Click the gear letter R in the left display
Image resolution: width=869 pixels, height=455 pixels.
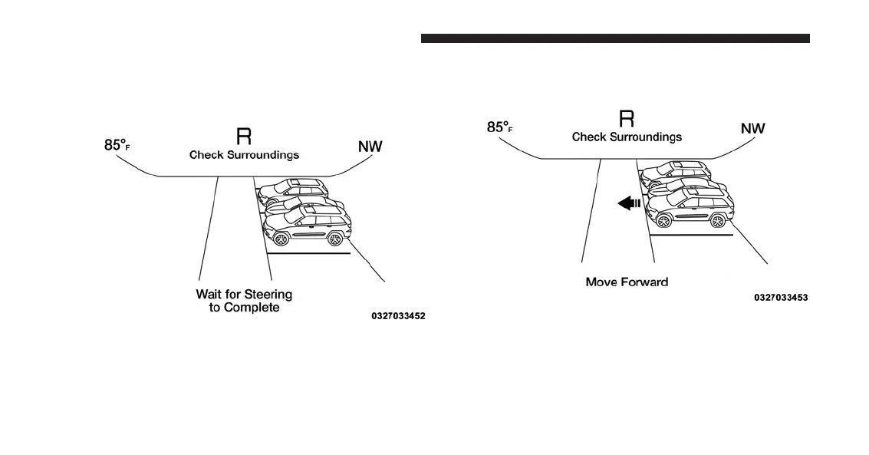click(x=244, y=137)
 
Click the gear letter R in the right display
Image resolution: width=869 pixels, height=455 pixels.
click(x=627, y=118)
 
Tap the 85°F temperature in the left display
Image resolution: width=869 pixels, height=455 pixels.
click(x=117, y=145)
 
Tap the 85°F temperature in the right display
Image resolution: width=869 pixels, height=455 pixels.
click(x=499, y=127)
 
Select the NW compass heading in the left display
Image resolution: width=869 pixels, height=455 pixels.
click(x=370, y=146)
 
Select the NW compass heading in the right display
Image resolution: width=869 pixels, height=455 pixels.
click(x=752, y=128)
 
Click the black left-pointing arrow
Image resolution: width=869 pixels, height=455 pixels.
click(x=629, y=204)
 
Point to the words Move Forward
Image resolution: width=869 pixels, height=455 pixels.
click(x=627, y=282)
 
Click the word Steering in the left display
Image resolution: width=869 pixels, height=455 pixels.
click(x=268, y=295)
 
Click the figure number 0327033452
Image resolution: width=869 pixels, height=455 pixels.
click(x=398, y=315)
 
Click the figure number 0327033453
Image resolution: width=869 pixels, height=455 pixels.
click(x=781, y=298)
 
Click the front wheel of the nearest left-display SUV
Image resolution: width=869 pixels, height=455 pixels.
click(x=281, y=239)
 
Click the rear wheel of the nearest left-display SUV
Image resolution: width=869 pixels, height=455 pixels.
click(x=334, y=239)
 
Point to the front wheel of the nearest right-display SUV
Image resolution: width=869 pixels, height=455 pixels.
click(x=663, y=221)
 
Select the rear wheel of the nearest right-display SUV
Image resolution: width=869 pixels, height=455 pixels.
click(x=717, y=221)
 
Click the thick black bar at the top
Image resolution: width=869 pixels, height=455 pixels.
click(x=615, y=38)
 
